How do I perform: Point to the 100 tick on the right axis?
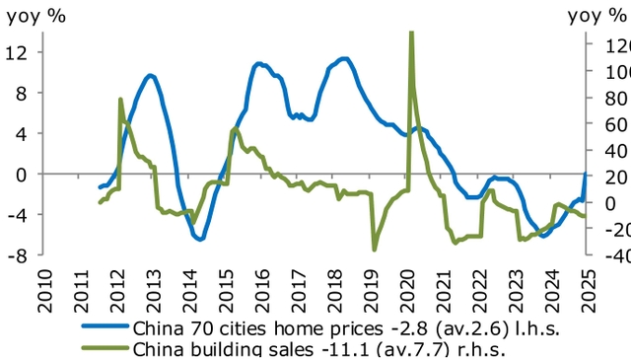pyautogui.click(x=609, y=72)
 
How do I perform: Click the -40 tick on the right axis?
pyautogui.click(x=609, y=255)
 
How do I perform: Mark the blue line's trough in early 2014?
pyautogui.click(x=200, y=239)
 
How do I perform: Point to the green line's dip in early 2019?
pyautogui.click(x=375, y=249)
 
